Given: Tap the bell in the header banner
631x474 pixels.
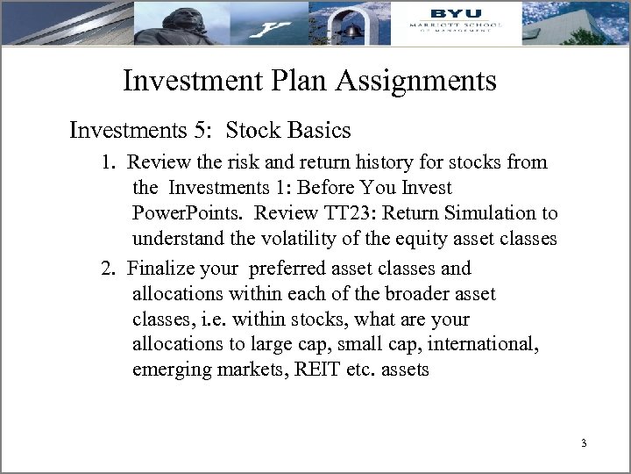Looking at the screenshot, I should pyautogui.click(x=352, y=29).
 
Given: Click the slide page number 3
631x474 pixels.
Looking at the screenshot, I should pyautogui.click(x=583, y=442).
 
